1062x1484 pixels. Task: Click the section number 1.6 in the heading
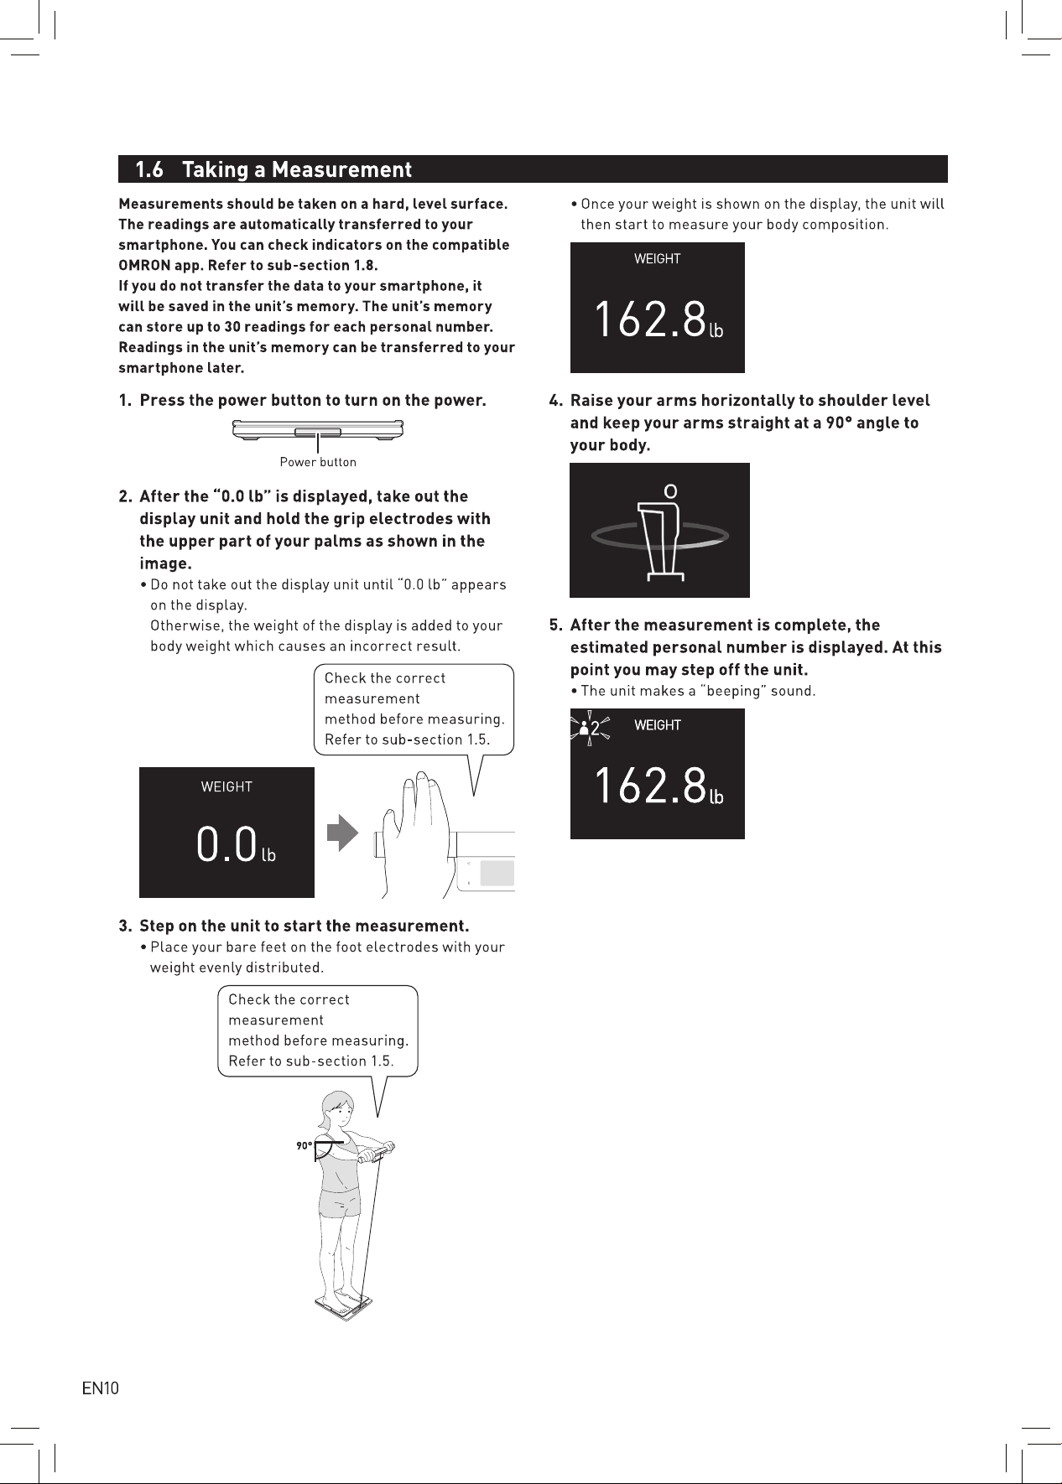[x=149, y=169]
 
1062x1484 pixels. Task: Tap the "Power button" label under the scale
[x=318, y=462]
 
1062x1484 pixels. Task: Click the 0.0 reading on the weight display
[x=226, y=844]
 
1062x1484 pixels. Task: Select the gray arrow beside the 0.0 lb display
[x=342, y=833]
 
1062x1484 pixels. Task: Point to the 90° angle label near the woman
[x=304, y=1146]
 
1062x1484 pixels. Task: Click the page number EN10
[x=101, y=1388]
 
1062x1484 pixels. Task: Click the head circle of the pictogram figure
[x=670, y=490]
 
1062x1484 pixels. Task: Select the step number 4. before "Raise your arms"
[x=556, y=401]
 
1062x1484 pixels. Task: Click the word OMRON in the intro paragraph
[x=144, y=265]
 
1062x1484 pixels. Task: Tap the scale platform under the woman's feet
[x=344, y=1305]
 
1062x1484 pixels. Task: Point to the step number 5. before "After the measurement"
[x=556, y=625]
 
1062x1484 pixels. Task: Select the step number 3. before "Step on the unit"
[x=126, y=926]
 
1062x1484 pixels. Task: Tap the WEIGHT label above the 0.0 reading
[x=226, y=786]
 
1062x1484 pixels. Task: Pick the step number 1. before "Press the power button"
[x=125, y=400]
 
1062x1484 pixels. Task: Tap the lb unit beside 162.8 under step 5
[x=716, y=796]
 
